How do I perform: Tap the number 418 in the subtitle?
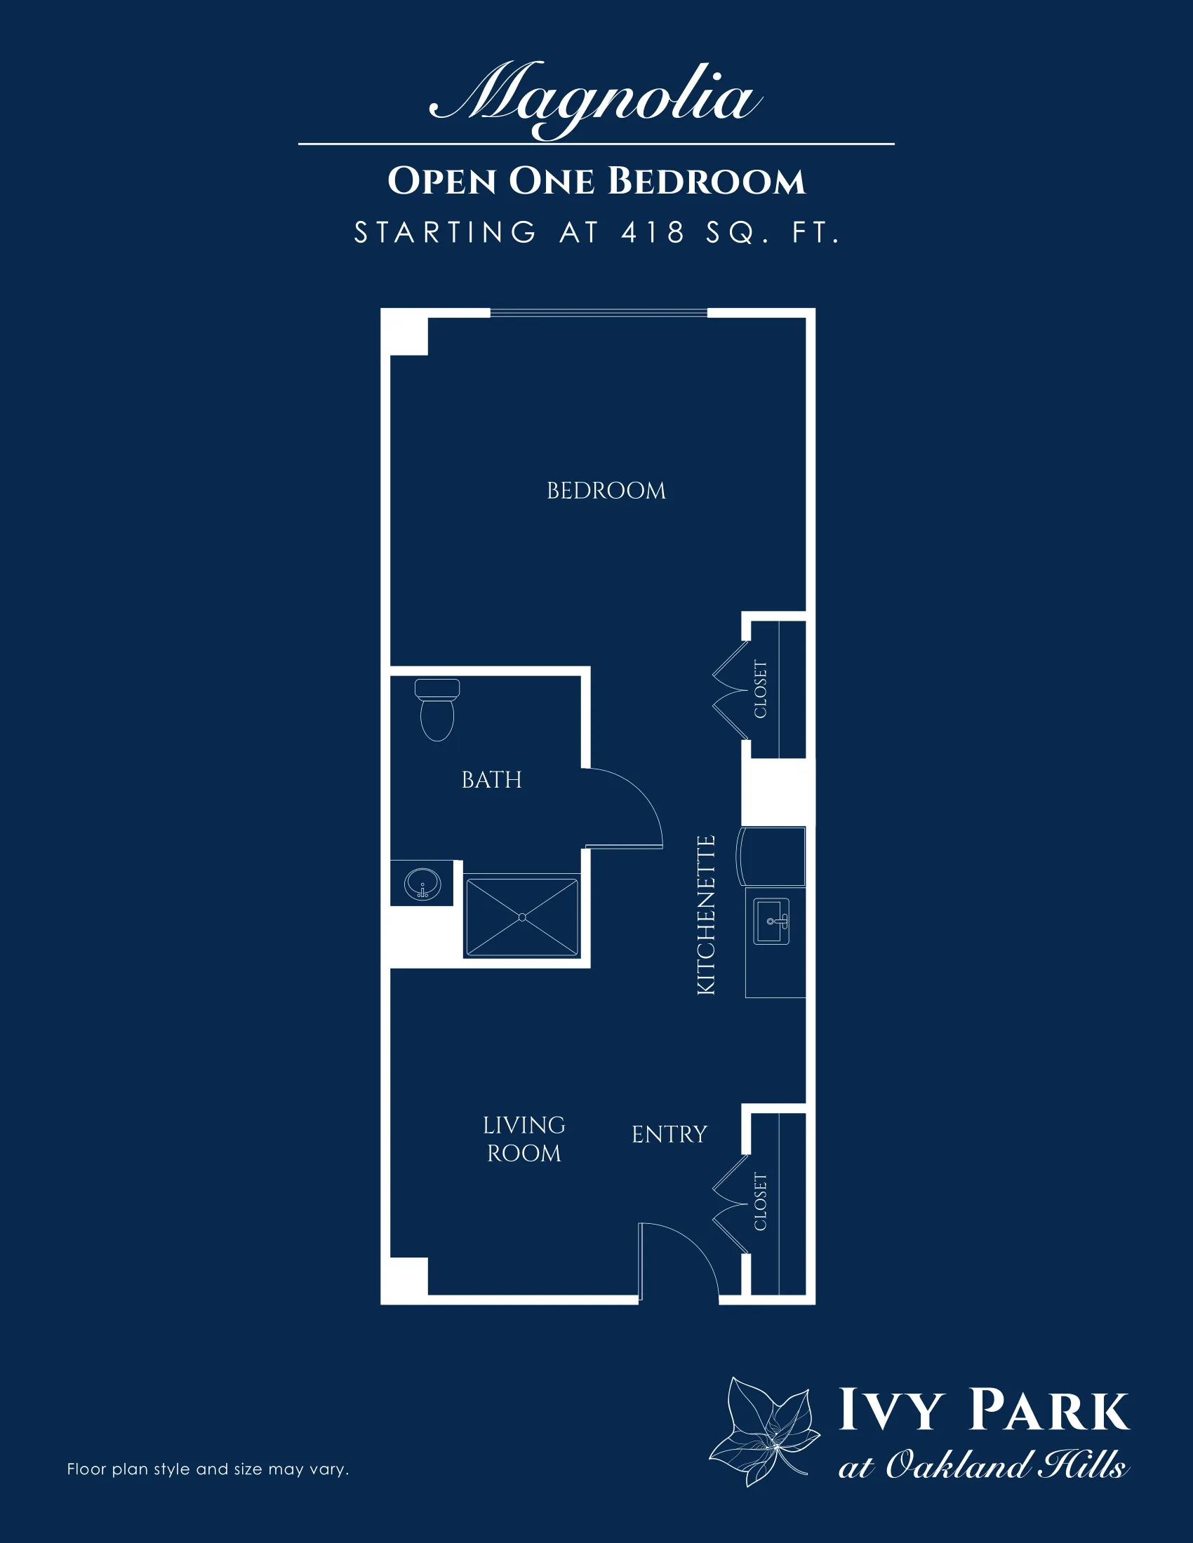point(653,232)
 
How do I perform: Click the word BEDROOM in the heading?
point(706,181)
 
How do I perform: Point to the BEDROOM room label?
point(606,490)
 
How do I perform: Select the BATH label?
point(491,780)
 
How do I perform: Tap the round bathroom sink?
point(422,884)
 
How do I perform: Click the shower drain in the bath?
point(522,917)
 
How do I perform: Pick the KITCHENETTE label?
point(706,915)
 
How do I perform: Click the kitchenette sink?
point(772,922)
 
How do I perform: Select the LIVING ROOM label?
point(524,1139)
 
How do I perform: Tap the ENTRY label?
point(669,1135)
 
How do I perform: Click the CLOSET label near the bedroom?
point(761,689)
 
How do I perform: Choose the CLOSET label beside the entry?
point(761,1201)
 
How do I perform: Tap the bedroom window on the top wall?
point(599,312)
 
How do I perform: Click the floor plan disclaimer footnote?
point(208,1469)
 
